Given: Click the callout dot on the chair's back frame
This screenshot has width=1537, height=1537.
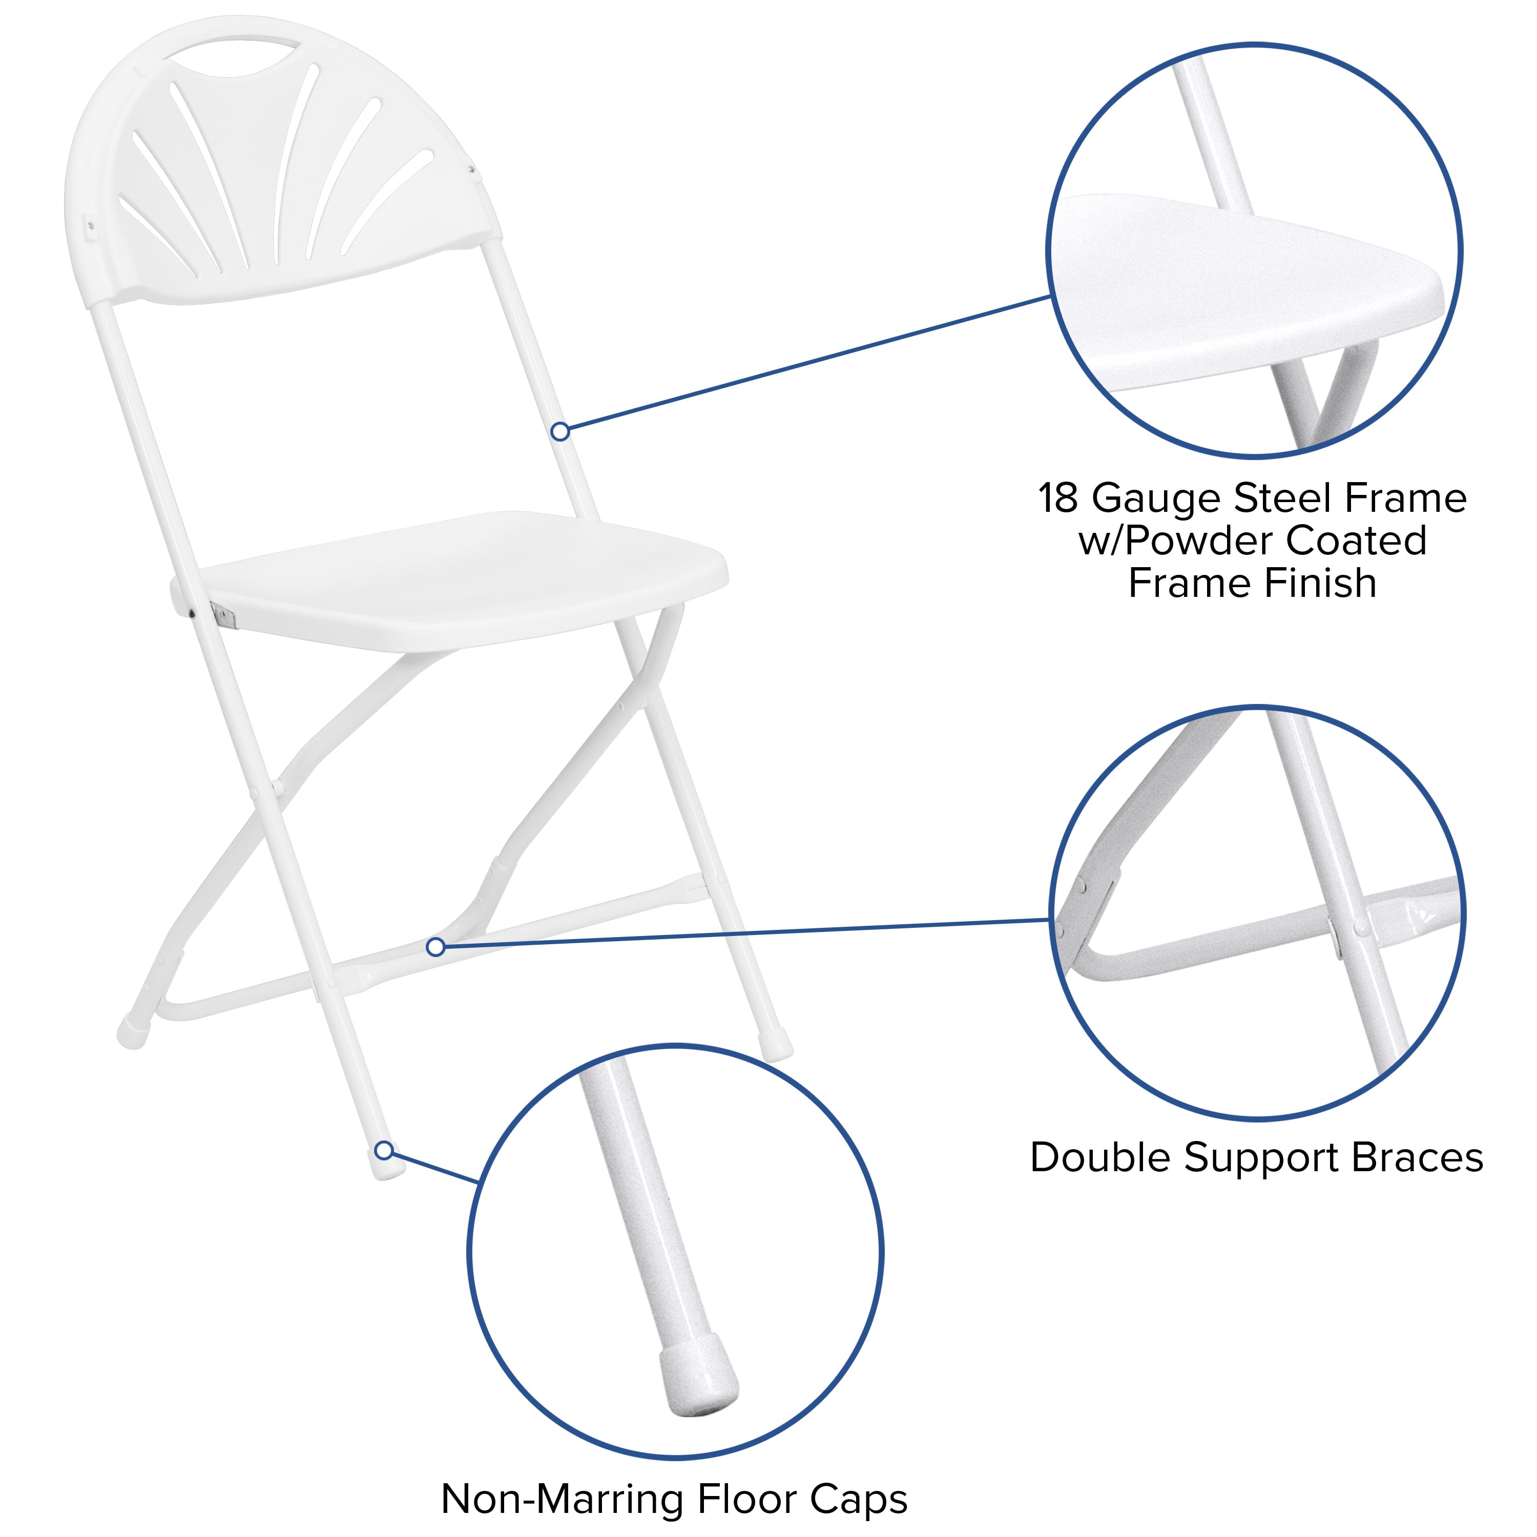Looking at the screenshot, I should coord(560,431).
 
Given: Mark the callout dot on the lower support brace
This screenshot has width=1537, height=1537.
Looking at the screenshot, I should coord(435,947).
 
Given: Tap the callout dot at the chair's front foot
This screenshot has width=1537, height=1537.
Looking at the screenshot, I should coord(383,1150).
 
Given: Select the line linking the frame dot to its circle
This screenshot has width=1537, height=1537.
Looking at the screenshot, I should coord(803,364).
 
